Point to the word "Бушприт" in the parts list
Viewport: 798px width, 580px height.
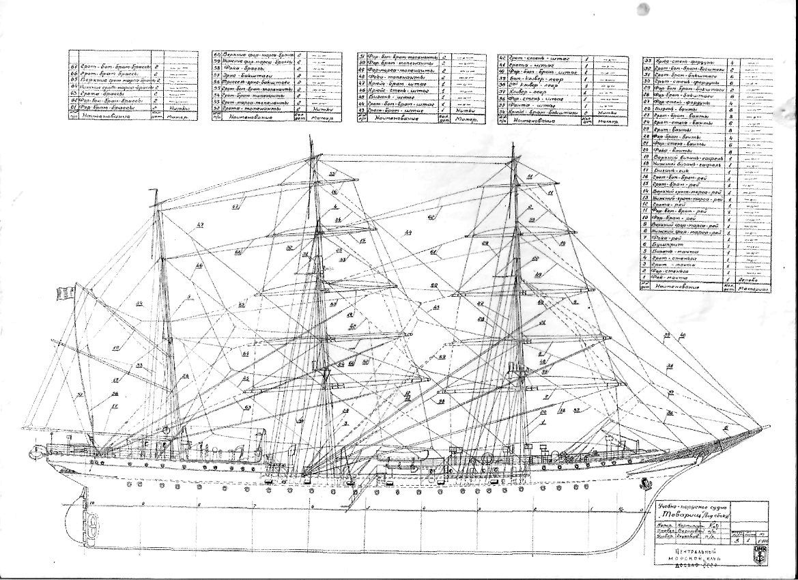665,243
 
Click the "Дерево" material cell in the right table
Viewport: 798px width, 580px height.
750,280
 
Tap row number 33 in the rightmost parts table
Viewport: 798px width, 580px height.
648,61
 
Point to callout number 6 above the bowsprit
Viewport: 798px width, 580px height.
725,427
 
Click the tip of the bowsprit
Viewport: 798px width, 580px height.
769,426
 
